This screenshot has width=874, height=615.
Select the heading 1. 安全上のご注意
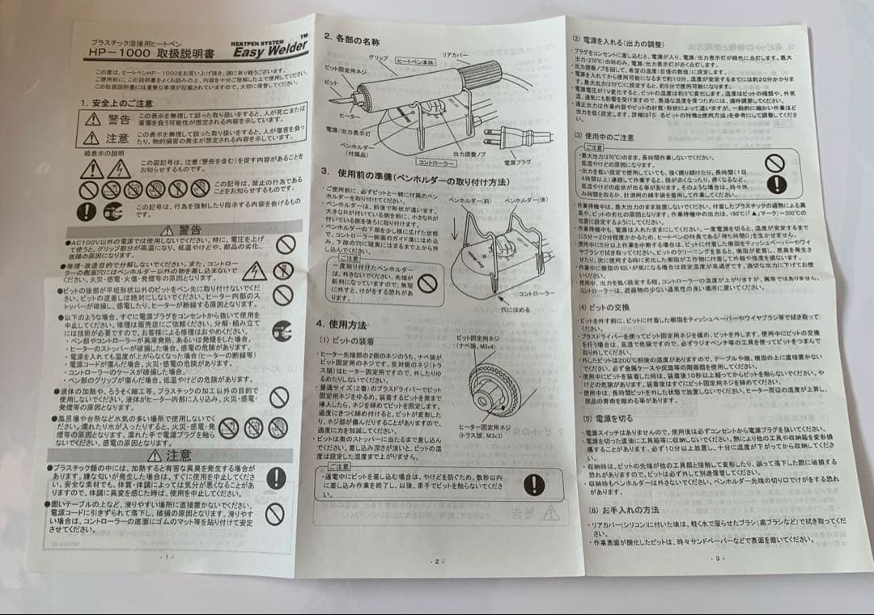point(117,103)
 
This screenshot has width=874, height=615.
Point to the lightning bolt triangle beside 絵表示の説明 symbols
point(119,169)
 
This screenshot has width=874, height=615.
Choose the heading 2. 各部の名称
point(352,38)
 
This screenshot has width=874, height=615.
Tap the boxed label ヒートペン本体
point(415,61)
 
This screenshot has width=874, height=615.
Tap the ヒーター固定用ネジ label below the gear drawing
point(486,426)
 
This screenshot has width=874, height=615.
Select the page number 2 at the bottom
point(437,561)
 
